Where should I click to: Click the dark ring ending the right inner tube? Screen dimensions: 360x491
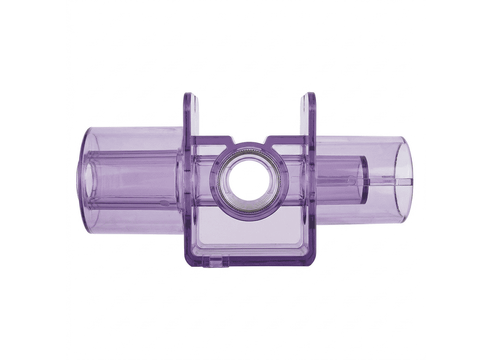pyautogui.click(x=363, y=180)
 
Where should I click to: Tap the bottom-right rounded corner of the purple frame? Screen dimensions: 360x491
pyautogui.click(x=312, y=264)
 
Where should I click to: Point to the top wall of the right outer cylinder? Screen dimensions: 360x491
pyautogui.click(x=362, y=140)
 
